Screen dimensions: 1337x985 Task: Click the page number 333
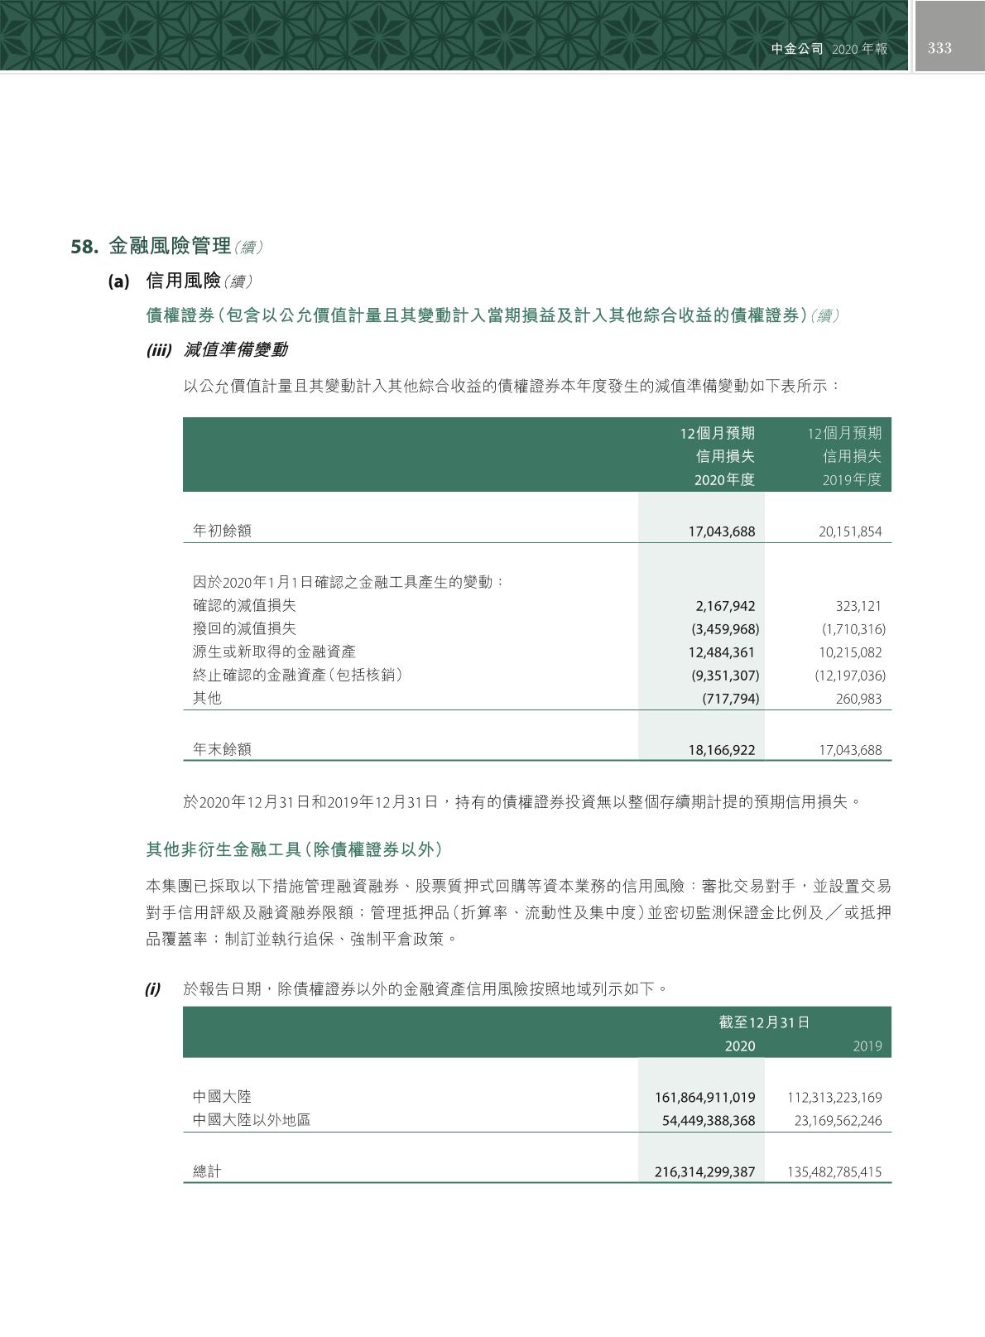(x=939, y=48)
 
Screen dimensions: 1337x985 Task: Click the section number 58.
(x=85, y=247)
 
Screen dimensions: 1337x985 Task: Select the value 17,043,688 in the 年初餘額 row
(x=722, y=531)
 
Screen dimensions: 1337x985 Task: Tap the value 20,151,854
(x=850, y=531)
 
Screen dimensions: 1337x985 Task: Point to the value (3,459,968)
(x=725, y=629)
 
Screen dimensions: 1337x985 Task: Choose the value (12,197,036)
(x=850, y=676)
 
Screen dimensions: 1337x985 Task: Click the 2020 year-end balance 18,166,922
(x=722, y=750)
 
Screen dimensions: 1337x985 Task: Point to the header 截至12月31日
(x=764, y=1022)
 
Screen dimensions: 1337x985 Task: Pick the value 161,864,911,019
(x=705, y=1098)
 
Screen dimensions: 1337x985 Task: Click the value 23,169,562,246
(x=834, y=1121)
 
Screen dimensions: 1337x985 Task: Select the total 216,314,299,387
(x=705, y=1172)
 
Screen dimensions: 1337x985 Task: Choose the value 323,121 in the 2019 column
(x=858, y=606)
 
